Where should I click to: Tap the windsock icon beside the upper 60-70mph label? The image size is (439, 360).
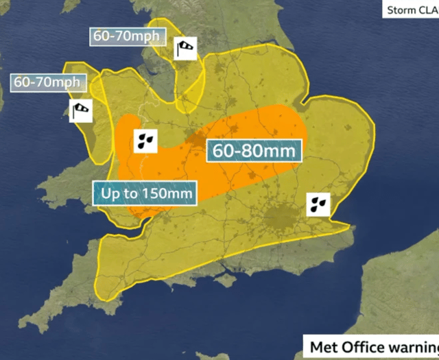(x=185, y=48)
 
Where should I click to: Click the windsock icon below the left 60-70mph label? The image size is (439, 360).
(x=81, y=110)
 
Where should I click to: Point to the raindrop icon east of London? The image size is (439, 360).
(x=318, y=203)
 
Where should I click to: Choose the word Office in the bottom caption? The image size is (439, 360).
(x=361, y=346)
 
